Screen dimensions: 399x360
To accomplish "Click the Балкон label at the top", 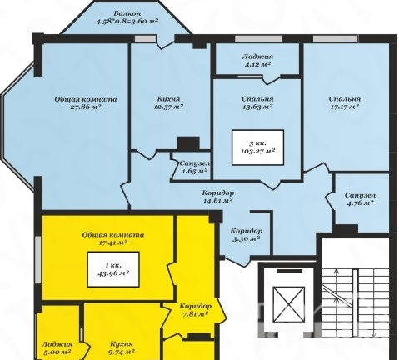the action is [127, 13].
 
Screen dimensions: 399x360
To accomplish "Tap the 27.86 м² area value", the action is [86, 107].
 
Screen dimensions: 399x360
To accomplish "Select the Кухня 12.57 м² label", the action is [168, 102].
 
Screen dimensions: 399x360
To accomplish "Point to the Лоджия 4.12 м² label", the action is [257, 60].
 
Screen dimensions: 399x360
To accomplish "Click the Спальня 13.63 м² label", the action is [257, 102].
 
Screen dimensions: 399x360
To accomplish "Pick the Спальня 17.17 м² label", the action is [345, 102].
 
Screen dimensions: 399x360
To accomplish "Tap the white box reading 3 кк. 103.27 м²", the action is [257, 147].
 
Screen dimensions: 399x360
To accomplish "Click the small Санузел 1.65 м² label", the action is [195, 167].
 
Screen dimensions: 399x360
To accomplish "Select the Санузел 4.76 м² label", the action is [360, 199].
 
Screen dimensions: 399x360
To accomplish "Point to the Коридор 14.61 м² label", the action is [218, 197].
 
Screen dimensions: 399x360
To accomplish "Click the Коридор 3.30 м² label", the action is [246, 234].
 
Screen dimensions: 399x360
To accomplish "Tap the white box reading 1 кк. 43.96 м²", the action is [113, 269].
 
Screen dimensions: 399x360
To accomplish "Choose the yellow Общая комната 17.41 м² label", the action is [113, 238].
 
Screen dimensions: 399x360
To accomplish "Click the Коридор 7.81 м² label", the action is [195, 310].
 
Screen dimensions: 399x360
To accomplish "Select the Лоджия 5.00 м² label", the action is [57, 348].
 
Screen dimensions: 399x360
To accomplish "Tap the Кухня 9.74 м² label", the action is [121, 347].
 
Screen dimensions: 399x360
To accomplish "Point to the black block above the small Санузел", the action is [188, 143].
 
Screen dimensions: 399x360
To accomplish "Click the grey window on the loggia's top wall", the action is [258, 39].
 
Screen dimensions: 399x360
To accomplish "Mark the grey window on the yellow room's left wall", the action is [38, 260].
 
